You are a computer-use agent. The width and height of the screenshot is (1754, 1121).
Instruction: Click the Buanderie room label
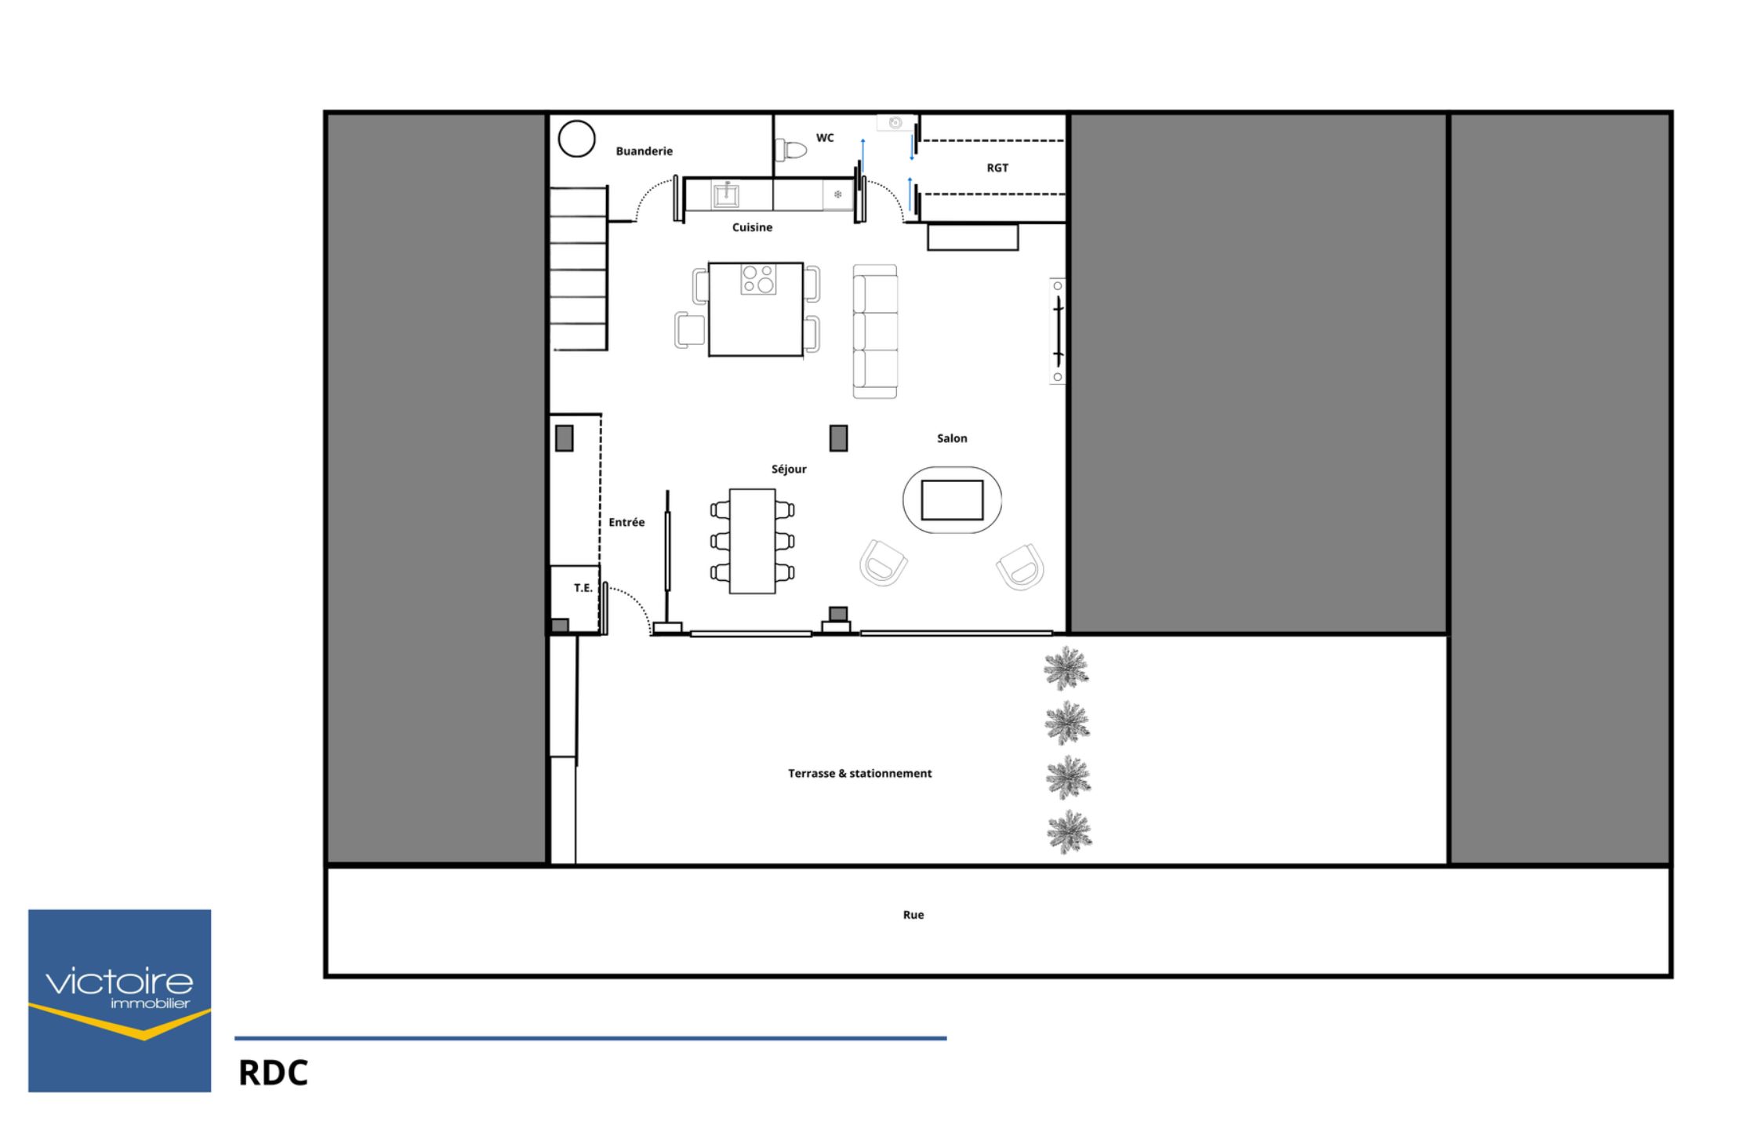click(x=644, y=151)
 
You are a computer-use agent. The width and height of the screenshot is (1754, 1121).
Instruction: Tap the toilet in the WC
click(x=791, y=149)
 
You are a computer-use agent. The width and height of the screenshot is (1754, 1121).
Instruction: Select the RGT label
click(x=997, y=168)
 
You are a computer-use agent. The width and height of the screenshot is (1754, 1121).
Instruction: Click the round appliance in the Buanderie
click(x=576, y=139)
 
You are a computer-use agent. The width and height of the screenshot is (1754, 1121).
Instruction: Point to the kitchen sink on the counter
click(x=726, y=194)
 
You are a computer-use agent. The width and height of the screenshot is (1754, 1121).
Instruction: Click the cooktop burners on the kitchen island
click(x=758, y=279)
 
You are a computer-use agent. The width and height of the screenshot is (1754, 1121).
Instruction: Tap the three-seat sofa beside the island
click(x=875, y=331)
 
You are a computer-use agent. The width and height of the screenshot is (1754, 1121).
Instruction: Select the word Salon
click(x=952, y=438)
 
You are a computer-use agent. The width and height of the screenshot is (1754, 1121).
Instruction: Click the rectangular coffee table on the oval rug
click(x=952, y=500)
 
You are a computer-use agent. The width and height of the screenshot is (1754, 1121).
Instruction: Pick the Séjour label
click(x=789, y=469)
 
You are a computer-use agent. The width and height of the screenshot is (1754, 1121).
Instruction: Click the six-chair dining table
click(x=753, y=541)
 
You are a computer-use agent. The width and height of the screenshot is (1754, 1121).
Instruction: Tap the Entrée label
click(x=626, y=522)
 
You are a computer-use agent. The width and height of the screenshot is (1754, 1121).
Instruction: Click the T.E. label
click(x=583, y=588)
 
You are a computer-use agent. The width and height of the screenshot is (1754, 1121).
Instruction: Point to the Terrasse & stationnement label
click(x=860, y=773)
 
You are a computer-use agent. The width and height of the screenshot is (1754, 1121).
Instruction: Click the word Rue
click(x=913, y=915)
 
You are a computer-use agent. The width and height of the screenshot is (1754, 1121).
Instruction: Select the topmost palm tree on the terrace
click(x=1066, y=669)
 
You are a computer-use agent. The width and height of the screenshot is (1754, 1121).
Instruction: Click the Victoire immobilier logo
click(x=120, y=1000)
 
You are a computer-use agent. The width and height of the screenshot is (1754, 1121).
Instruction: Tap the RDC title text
click(x=274, y=1073)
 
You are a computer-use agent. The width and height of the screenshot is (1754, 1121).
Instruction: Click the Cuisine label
click(x=752, y=227)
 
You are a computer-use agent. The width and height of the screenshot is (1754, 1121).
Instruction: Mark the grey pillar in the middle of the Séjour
click(x=838, y=438)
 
